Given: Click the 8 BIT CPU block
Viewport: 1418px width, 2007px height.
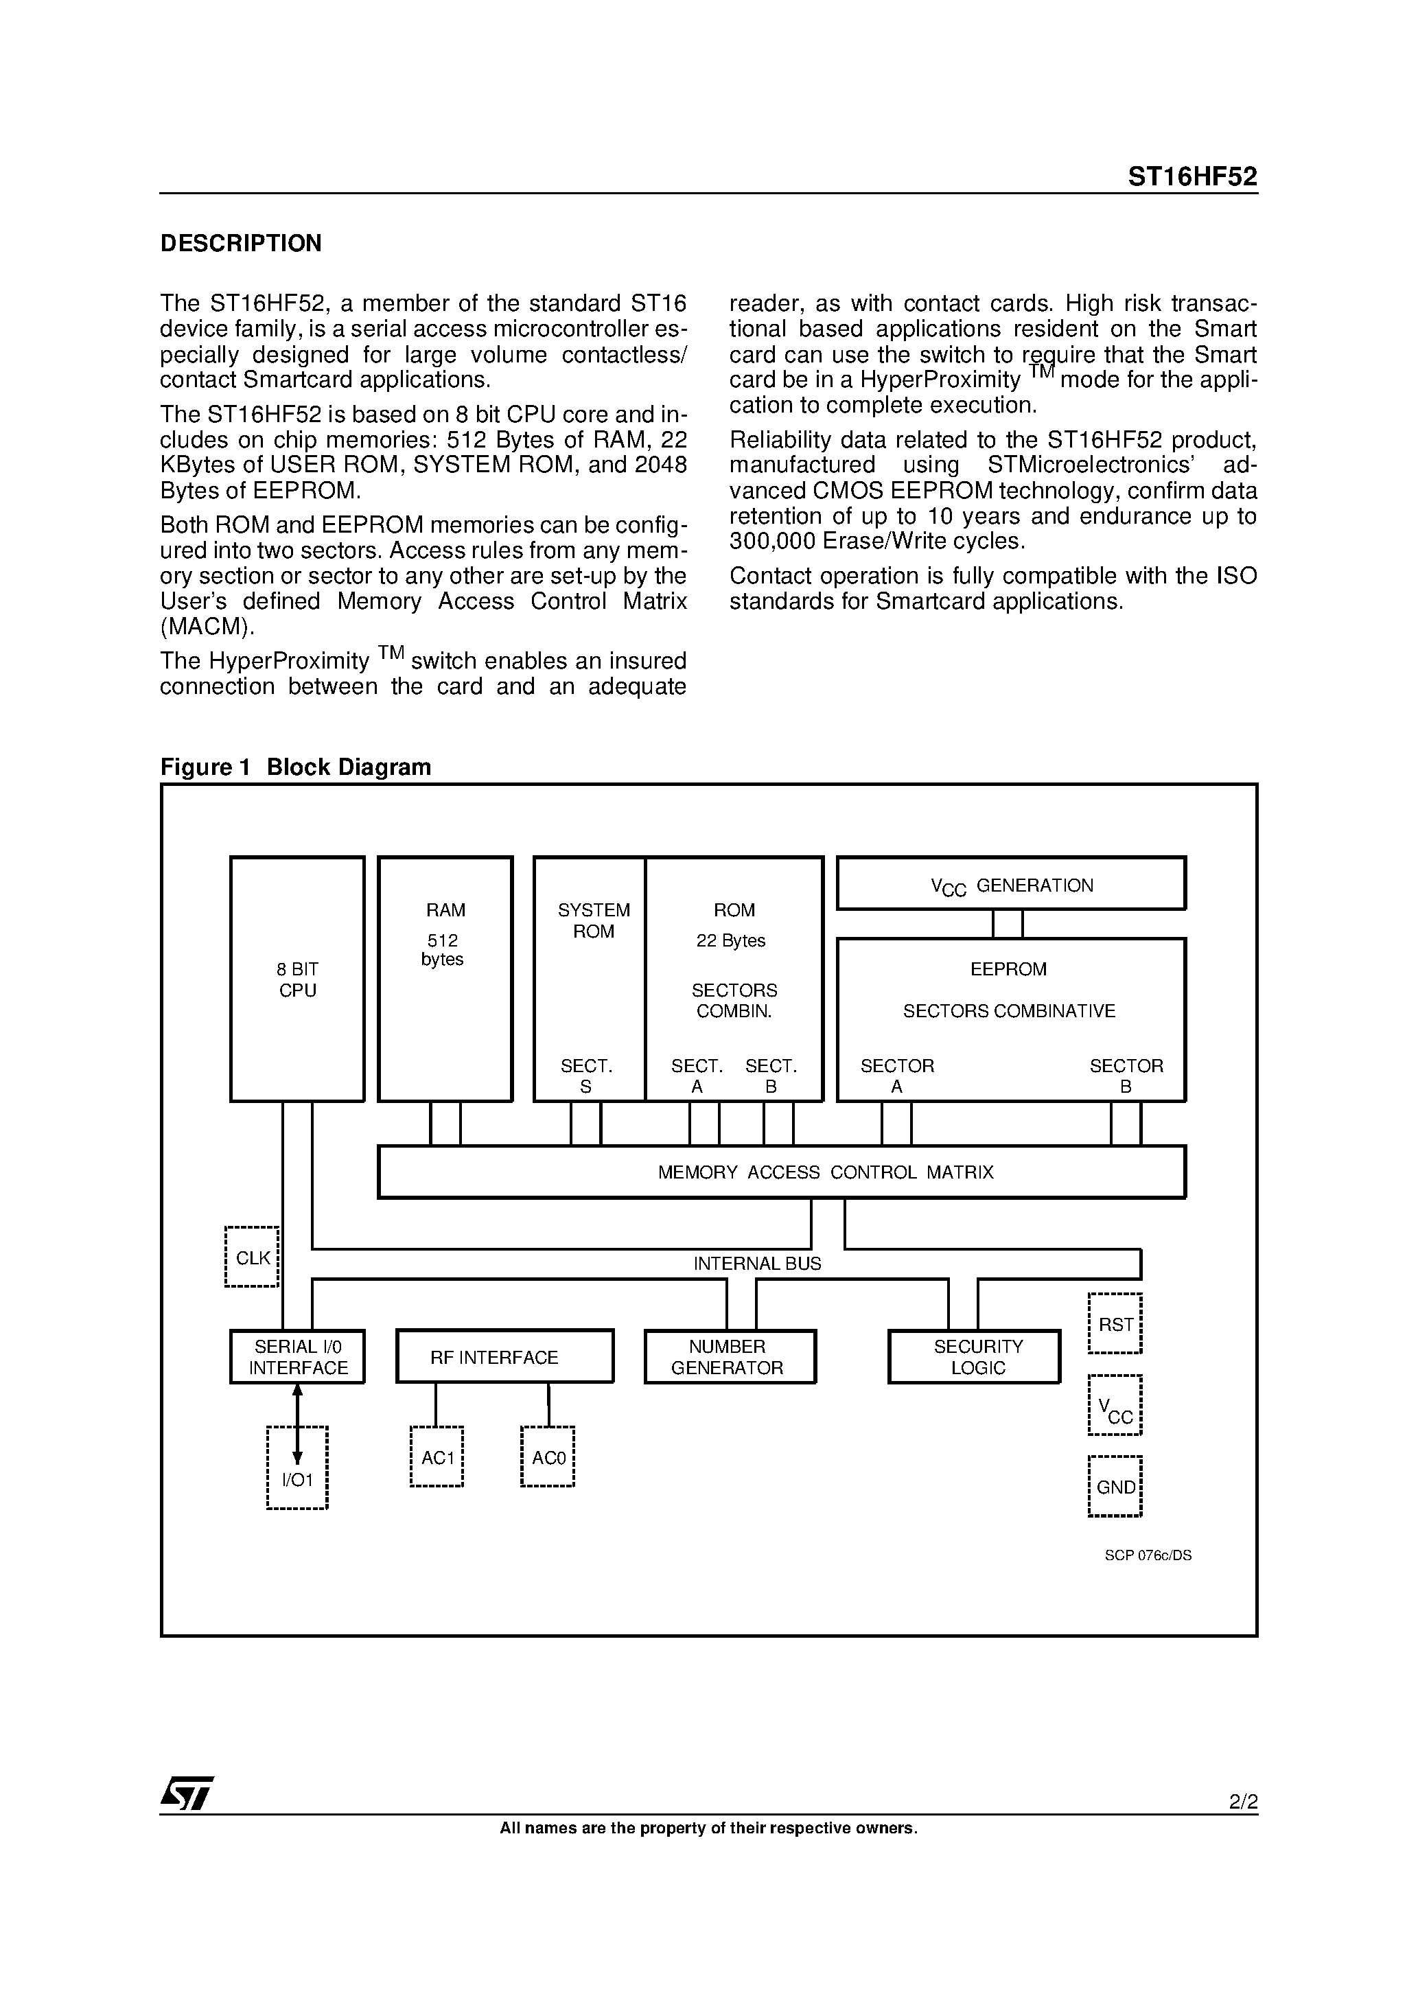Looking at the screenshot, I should (297, 979).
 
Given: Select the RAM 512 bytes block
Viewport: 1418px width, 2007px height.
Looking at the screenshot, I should (445, 979).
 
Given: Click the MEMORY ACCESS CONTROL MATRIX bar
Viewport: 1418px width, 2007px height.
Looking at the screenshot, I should (782, 1172).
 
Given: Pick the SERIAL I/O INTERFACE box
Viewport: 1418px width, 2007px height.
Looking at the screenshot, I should (297, 1357).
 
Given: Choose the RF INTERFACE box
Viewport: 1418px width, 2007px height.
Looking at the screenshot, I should (504, 1357).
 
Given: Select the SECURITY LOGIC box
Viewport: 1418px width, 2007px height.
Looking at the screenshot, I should (975, 1357).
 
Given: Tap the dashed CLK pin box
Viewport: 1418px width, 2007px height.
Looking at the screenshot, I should (252, 1257).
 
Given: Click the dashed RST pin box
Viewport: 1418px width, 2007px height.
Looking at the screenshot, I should (1115, 1323).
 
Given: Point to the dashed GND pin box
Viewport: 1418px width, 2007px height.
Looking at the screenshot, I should (1115, 1486).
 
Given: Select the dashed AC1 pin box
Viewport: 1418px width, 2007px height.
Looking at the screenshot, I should (437, 1457).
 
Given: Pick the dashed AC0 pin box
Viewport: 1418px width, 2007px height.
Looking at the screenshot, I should (548, 1457).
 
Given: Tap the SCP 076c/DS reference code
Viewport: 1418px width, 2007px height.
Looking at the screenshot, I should (1148, 1555).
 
